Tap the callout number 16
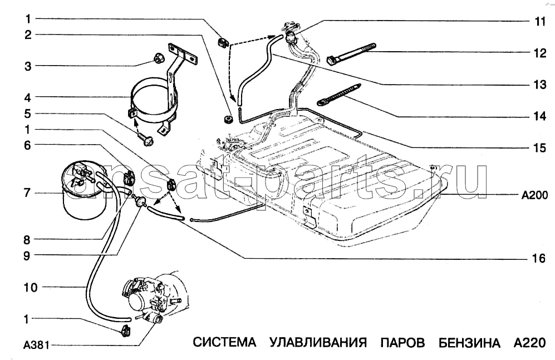coord(538,259)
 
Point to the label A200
coord(535,195)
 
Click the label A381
coord(34,345)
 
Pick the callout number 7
coord(27,193)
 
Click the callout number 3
coord(27,66)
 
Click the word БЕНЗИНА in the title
coord(469,342)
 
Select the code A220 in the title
coord(526,342)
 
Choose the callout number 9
coord(27,256)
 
